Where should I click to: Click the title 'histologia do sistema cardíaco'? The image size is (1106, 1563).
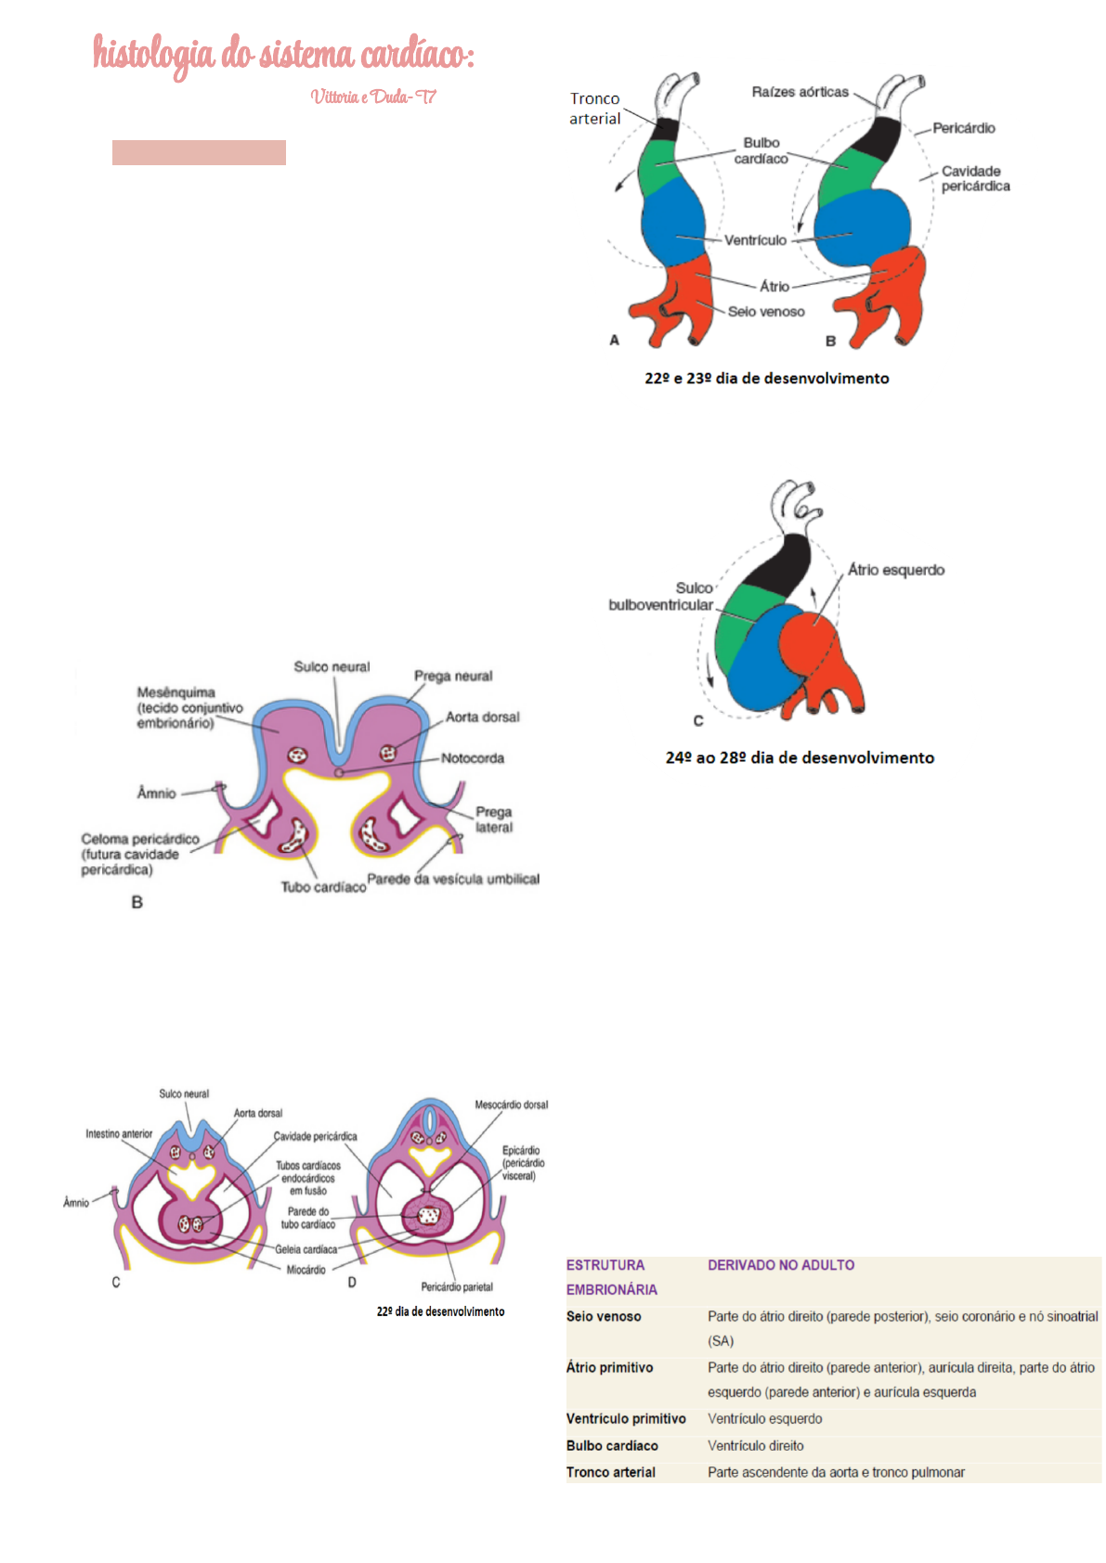pyautogui.click(x=283, y=54)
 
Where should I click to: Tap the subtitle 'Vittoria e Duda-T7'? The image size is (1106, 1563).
pyautogui.click(x=373, y=97)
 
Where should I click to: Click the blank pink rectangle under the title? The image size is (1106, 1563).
pyautogui.click(x=199, y=152)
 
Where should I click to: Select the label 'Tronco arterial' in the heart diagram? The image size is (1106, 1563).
pyautogui.click(x=595, y=109)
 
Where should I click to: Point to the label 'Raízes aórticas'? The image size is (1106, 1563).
pyautogui.click(x=800, y=92)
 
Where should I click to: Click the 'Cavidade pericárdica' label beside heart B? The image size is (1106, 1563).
pyautogui.click(x=975, y=178)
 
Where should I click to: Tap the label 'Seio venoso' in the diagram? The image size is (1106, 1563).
pyautogui.click(x=766, y=312)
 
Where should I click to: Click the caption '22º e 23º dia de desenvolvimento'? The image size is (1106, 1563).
pyautogui.click(x=766, y=379)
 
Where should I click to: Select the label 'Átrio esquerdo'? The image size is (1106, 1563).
pyautogui.click(x=895, y=570)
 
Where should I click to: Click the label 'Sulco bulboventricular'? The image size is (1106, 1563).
pyautogui.click(x=661, y=597)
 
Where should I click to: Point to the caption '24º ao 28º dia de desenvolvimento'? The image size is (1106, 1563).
pyautogui.click(x=800, y=758)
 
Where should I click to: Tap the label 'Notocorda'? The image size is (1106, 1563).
pyautogui.click(x=473, y=758)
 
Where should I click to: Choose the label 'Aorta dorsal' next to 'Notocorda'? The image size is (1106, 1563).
pyautogui.click(x=482, y=717)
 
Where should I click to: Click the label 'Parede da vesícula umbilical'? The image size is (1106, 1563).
pyautogui.click(x=453, y=879)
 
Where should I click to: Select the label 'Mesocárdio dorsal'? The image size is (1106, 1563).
pyautogui.click(x=511, y=1104)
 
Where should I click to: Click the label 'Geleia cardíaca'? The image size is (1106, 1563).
pyautogui.click(x=306, y=1249)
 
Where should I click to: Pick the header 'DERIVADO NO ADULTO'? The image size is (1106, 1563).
pyautogui.click(x=781, y=1265)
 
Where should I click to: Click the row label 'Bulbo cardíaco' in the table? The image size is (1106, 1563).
pyautogui.click(x=612, y=1446)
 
